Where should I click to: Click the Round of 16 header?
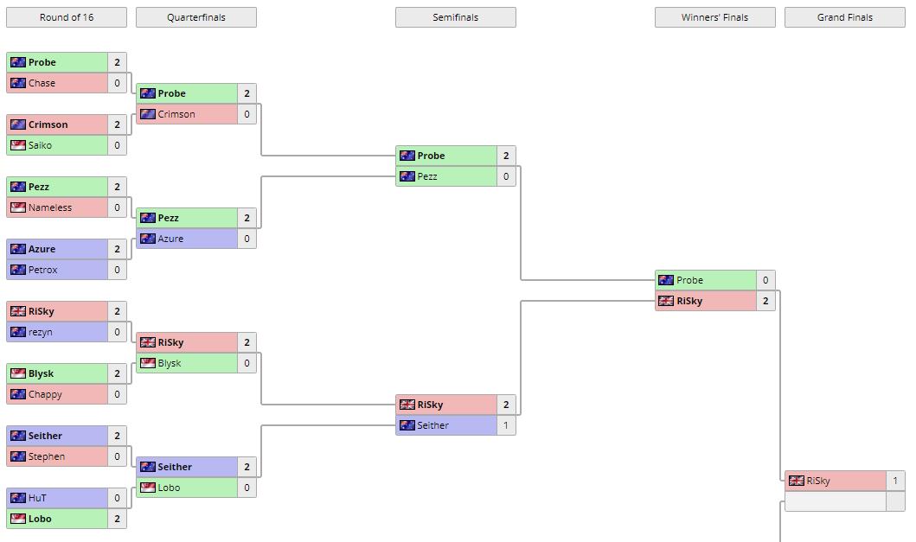(67, 17)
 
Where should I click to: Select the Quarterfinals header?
(196, 17)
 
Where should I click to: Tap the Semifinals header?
(456, 17)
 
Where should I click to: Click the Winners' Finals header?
(715, 17)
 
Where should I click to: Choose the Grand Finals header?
(845, 17)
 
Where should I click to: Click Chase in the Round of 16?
(42, 83)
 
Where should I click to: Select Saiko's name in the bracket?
(40, 145)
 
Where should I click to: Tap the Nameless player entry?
(50, 207)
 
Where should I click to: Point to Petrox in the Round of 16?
(42, 270)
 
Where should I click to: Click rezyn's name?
(40, 332)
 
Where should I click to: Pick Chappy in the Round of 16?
(45, 394)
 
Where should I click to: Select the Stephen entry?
(47, 456)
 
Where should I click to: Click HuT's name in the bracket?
(37, 498)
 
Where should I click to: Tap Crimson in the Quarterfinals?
(176, 114)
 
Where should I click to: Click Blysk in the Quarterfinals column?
(170, 363)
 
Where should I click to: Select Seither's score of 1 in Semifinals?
(506, 425)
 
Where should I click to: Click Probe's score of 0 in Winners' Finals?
(765, 280)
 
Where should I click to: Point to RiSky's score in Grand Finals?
(895, 481)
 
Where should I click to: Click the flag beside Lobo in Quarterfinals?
(148, 488)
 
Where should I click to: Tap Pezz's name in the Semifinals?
(427, 176)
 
